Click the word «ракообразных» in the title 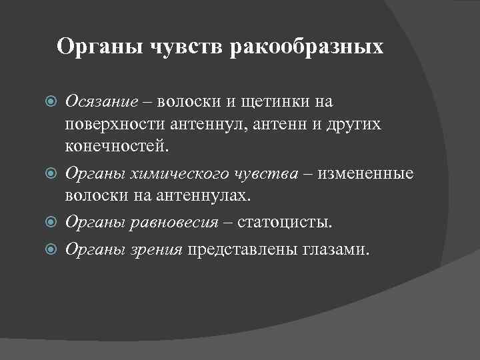(x=307, y=47)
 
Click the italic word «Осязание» (x=102, y=102)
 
